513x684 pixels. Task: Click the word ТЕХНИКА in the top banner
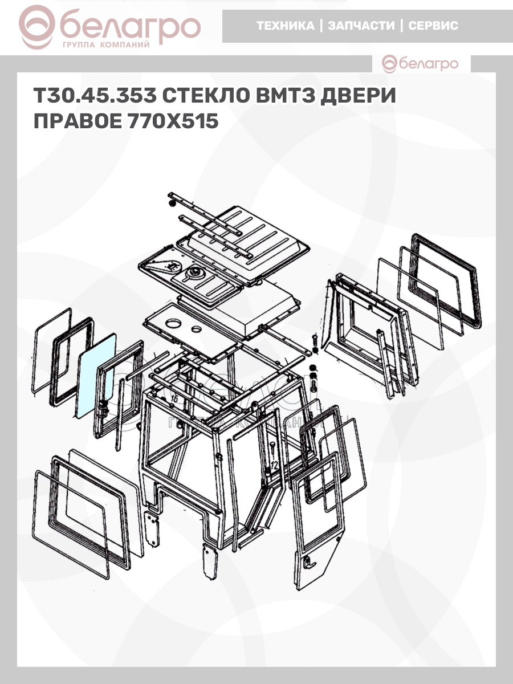point(286,26)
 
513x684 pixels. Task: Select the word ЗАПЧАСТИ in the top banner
point(361,26)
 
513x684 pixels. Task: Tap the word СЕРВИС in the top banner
point(433,26)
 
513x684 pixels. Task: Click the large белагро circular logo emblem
point(37,27)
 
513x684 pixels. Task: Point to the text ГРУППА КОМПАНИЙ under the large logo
point(106,45)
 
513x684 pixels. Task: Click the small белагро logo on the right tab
point(420,64)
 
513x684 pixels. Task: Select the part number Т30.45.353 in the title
point(95,95)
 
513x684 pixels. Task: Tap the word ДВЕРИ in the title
point(358,95)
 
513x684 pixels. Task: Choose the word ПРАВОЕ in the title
point(78,121)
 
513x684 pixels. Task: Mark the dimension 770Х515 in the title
point(173,121)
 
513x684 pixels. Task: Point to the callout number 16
point(174,398)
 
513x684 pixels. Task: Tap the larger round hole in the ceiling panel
point(173,323)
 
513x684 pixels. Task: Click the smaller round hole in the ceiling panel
point(197,328)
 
